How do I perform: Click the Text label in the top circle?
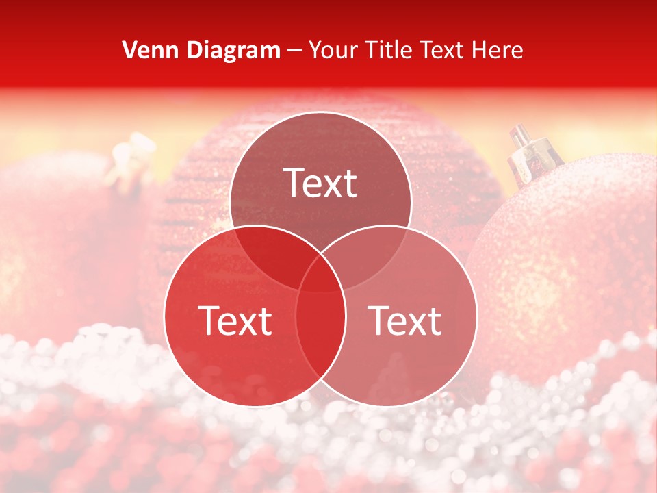(320, 184)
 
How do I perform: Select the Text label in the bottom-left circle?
(235, 320)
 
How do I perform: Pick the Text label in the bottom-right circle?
(405, 320)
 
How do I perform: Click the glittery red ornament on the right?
(575, 260)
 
